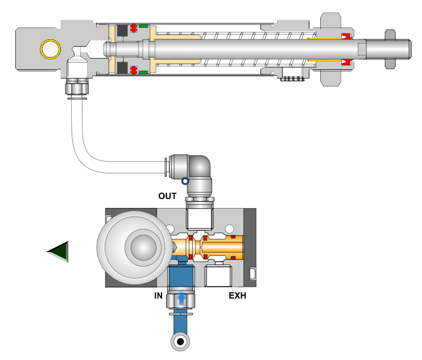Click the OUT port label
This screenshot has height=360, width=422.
167,196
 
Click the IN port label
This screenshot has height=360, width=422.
159,296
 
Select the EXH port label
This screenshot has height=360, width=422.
237,296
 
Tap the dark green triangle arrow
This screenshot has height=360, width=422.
59,251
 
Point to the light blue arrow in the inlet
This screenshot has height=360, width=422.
181,297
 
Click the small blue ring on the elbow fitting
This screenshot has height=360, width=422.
185,181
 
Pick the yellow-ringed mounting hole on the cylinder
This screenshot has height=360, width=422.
49,49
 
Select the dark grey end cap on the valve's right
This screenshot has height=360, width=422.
250,246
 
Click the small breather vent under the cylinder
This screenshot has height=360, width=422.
292,79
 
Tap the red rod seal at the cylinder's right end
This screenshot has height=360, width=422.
346,38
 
